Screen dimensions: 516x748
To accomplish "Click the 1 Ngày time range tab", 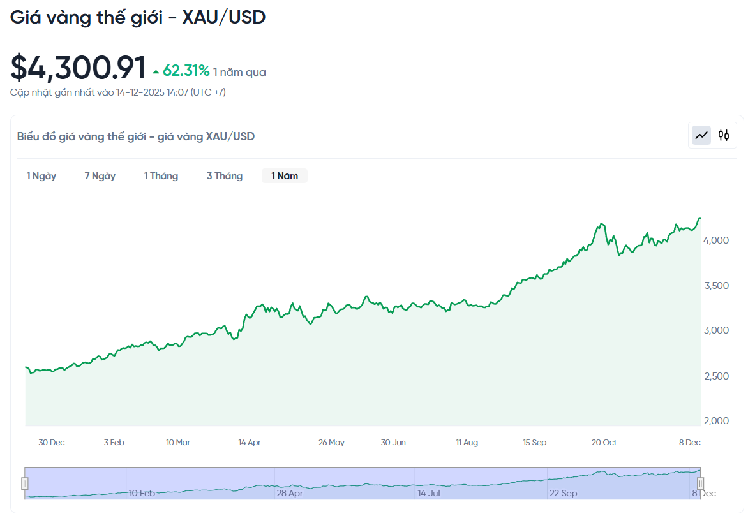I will click(x=41, y=176).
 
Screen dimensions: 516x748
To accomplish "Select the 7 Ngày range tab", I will click(x=100, y=176).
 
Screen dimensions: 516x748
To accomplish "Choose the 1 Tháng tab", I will click(x=161, y=176).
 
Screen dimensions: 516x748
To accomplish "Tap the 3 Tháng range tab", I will click(x=225, y=176).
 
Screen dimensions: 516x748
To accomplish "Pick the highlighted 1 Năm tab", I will click(x=285, y=176).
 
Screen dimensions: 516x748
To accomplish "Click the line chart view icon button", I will click(x=702, y=135).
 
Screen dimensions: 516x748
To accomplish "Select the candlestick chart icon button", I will click(x=724, y=135).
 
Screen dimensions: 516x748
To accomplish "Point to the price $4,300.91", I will click(x=78, y=68).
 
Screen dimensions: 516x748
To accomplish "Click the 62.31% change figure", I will click(x=186, y=71).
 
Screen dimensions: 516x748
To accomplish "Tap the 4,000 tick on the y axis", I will click(x=715, y=240).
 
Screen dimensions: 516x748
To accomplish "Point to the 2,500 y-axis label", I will click(x=715, y=376).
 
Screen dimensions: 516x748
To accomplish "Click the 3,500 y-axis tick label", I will click(x=715, y=285).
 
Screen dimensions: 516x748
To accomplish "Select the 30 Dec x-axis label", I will click(x=52, y=443).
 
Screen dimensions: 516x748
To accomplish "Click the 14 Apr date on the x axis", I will click(x=250, y=443).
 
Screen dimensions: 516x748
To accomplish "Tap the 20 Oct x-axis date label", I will click(x=604, y=443).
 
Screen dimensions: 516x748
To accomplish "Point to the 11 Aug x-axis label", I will click(x=467, y=443).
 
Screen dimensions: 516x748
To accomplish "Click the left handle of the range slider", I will click(x=25, y=483).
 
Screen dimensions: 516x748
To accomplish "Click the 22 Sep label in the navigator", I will click(x=564, y=493).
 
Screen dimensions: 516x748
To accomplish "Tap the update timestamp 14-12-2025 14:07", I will click(x=152, y=92).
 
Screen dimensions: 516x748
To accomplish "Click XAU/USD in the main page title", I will click(x=224, y=17).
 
